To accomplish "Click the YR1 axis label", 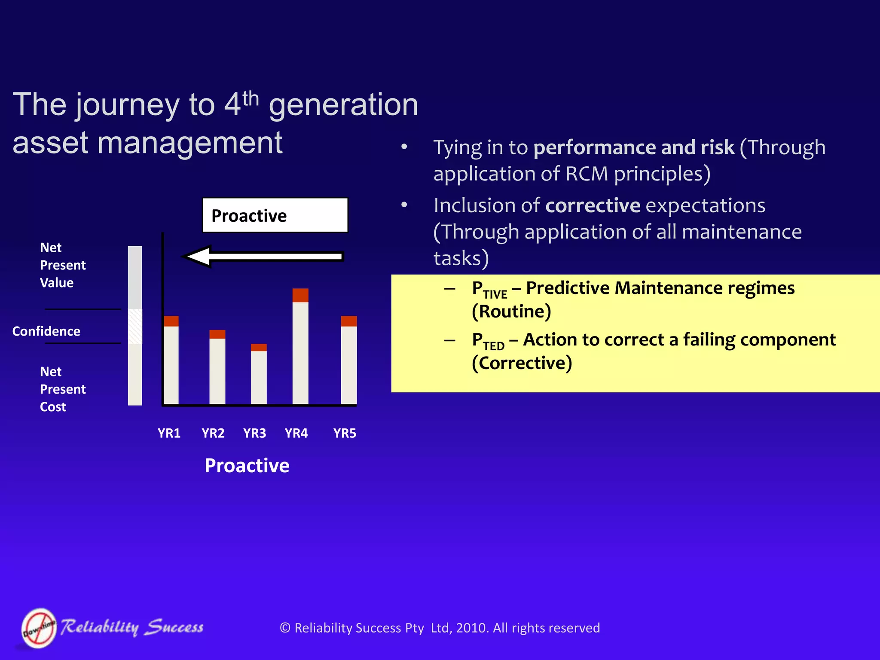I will [x=169, y=433].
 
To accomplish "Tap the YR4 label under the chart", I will [x=296, y=433].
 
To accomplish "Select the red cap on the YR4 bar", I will [x=300, y=295].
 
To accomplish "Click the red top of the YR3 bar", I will [x=259, y=347].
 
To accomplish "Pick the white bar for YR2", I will [x=217, y=371].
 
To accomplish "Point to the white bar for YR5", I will [x=349, y=365].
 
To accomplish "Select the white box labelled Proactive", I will [x=275, y=215].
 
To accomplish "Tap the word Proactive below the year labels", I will [x=247, y=466].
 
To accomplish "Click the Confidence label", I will [x=46, y=331].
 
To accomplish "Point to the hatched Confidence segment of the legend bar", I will [x=135, y=326].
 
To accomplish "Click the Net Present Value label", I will [x=62, y=265].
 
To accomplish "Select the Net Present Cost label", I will [x=62, y=389].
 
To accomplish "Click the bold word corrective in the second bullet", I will [x=593, y=205].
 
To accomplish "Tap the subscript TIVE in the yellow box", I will [x=495, y=294].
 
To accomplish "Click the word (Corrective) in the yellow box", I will [x=522, y=363].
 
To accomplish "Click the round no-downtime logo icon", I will [x=39, y=628].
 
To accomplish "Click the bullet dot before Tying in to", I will [x=404, y=147].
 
